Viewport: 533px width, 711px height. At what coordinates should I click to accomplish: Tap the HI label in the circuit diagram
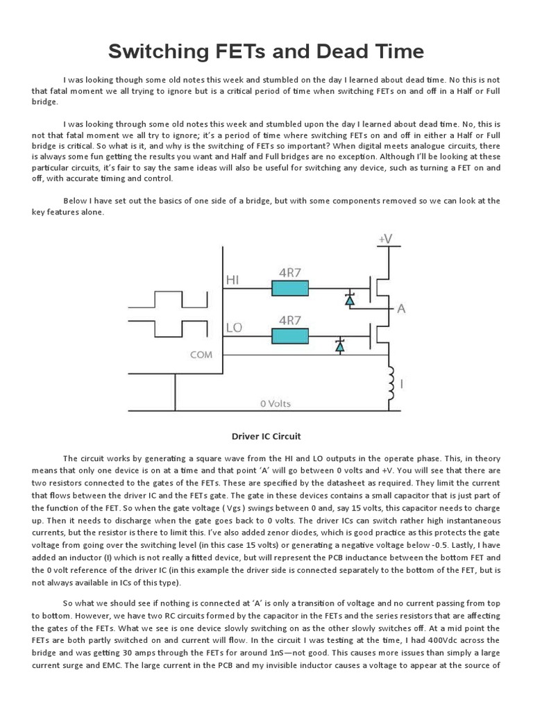(x=233, y=279)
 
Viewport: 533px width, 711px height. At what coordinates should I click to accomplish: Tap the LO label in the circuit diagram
(x=234, y=326)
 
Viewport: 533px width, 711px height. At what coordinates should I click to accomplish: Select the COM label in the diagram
(x=202, y=354)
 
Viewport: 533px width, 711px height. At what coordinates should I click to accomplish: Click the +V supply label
(x=385, y=239)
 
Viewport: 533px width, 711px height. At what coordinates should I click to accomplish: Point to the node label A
(x=400, y=310)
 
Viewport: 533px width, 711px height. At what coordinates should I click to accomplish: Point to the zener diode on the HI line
(x=350, y=299)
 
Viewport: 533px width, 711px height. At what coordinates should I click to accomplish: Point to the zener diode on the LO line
(x=340, y=346)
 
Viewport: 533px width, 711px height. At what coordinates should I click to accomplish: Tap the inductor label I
(x=405, y=383)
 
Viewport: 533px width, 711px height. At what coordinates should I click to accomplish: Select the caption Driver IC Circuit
(x=266, y=436)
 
